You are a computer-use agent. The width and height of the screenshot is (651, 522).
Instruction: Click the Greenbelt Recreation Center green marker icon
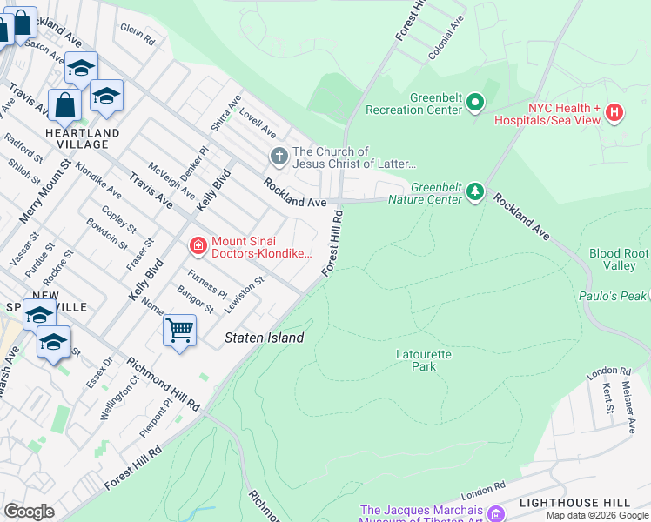474,104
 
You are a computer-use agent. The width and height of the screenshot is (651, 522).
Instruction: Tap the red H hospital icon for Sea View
614,112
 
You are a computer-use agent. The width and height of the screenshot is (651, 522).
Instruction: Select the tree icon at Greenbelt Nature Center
474,191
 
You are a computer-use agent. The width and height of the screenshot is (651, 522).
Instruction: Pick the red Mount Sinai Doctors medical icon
198,247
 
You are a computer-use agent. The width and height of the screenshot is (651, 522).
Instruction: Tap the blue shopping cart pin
179,331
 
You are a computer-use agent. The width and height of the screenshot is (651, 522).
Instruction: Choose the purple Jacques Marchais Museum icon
496,512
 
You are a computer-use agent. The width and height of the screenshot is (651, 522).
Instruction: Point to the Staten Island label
265,338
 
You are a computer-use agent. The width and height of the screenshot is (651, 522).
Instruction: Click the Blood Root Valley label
619,259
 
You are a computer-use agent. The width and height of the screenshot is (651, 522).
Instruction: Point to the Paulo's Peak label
613,296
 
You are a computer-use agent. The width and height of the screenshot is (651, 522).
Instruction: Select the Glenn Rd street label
138,34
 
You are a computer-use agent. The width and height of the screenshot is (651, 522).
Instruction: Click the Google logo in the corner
30,512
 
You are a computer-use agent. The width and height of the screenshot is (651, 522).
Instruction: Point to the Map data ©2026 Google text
597,515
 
